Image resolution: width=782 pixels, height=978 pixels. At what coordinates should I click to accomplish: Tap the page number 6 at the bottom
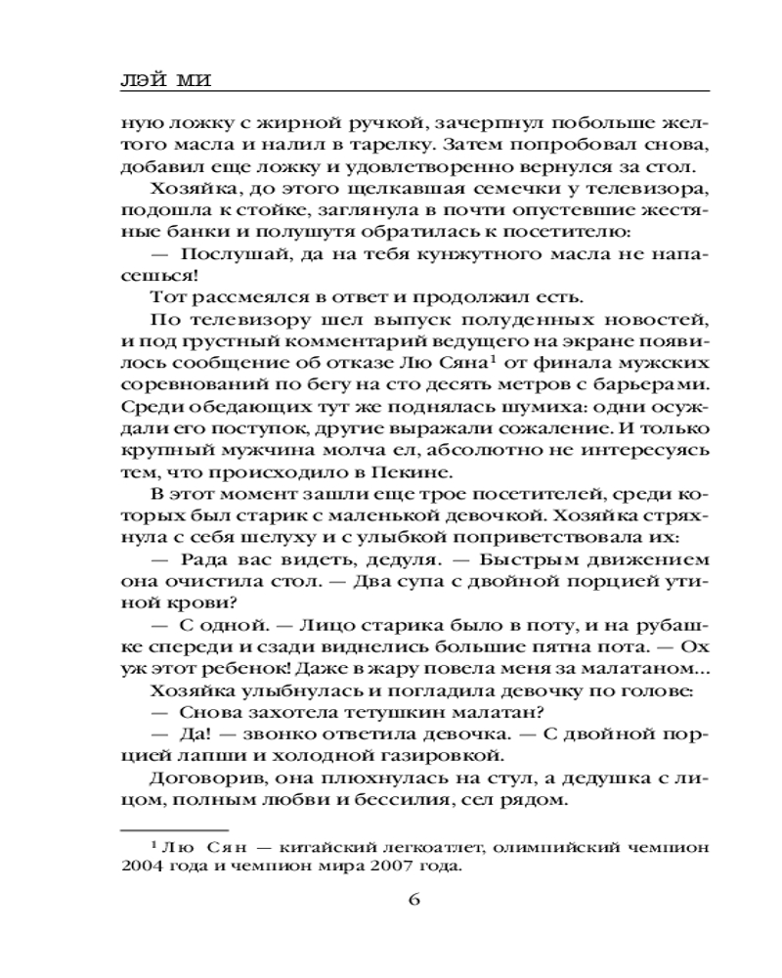coord(412,900)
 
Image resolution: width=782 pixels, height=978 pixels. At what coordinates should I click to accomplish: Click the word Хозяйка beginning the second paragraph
coord(194,188)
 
